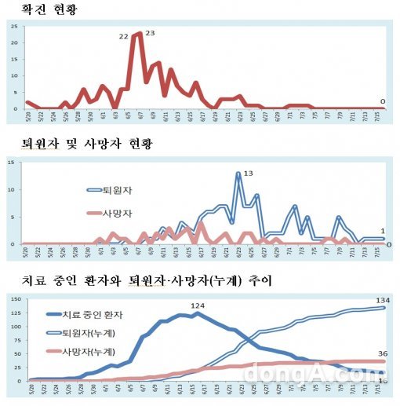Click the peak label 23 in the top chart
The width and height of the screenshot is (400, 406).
point(151,33)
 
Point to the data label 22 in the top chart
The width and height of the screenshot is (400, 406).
point(124,36)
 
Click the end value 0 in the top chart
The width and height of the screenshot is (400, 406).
point(382,101)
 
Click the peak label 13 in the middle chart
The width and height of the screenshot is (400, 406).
point(249,173)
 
